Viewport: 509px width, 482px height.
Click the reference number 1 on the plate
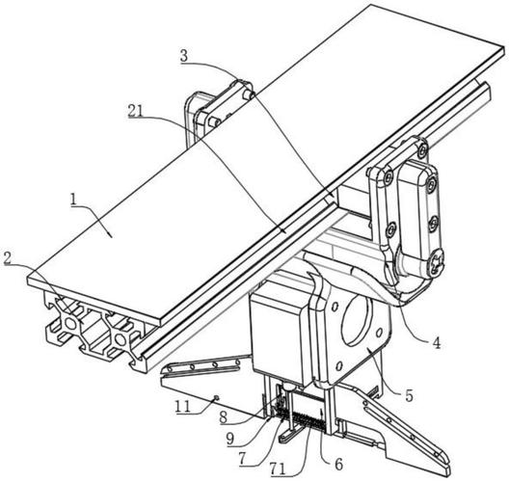73,199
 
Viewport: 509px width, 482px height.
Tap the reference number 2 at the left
7,258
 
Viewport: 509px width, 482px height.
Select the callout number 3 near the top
184,56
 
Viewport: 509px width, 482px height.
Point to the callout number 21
135,111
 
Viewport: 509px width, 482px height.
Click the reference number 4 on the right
437,343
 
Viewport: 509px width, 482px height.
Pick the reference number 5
409,395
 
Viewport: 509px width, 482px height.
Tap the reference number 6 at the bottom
338,465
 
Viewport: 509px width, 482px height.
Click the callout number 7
243,458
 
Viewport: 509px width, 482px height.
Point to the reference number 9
230,439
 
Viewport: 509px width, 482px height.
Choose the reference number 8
224,418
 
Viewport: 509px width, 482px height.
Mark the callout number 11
182,406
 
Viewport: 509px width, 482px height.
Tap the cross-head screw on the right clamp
435,262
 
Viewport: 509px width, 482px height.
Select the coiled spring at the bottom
300,420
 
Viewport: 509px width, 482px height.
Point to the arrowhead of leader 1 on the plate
111,235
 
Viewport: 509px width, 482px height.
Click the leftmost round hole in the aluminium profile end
70,323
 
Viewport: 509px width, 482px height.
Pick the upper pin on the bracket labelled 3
249,94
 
